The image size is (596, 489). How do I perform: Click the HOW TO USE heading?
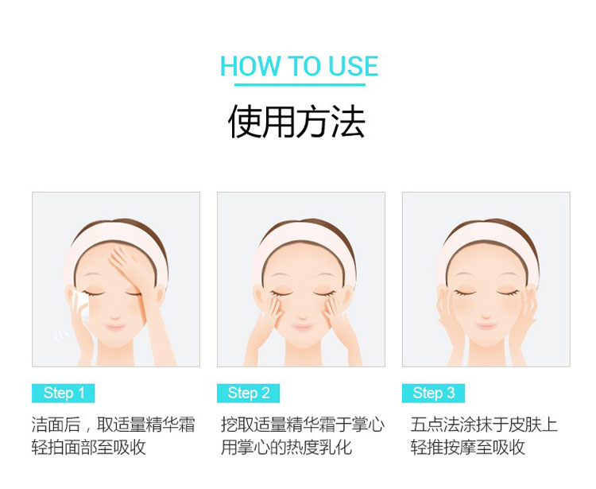299,66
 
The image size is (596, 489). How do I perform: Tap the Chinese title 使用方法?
297,121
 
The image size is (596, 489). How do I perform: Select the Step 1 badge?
63,393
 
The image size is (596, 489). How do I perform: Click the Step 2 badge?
248,393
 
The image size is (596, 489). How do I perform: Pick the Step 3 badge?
433,393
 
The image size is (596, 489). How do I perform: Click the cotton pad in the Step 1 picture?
81,304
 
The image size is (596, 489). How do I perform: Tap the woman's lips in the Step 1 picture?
114,327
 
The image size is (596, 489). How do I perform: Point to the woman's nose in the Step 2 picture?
303,316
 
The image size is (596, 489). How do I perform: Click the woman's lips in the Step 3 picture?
486,326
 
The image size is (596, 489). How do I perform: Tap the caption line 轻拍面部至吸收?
88,447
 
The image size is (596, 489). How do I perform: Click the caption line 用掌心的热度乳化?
286,447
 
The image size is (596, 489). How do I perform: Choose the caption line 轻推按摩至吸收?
467,447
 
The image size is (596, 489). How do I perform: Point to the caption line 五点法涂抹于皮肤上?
484,425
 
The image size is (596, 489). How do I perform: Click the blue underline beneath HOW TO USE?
300,84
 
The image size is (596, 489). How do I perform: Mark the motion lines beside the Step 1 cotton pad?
62,335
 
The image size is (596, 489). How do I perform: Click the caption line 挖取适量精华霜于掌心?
303,425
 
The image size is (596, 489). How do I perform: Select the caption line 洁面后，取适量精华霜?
114,425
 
